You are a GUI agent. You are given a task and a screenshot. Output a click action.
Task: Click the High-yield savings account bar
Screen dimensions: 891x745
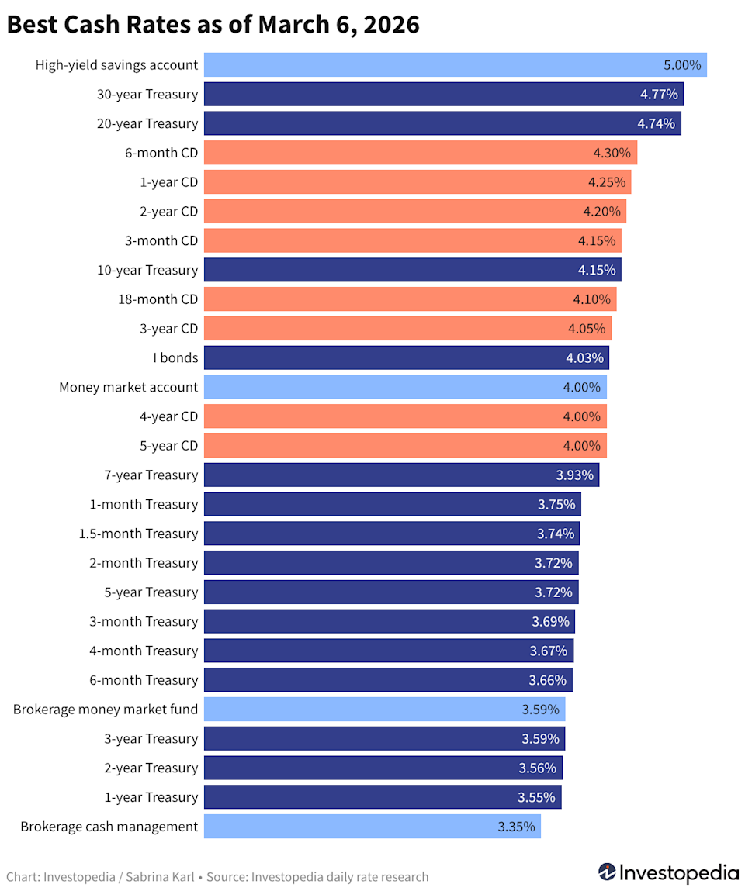[455, 65]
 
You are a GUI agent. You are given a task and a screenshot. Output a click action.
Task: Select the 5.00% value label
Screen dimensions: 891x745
[682, 65]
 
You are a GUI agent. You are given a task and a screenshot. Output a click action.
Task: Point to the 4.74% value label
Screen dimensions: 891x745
[657, 124]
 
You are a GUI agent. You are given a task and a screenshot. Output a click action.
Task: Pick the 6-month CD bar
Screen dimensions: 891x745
[420, 153]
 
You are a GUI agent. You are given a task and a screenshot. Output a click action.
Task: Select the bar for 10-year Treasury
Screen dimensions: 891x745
[412, 270]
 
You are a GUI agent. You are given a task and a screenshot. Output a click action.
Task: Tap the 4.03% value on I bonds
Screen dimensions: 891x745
[584, 357]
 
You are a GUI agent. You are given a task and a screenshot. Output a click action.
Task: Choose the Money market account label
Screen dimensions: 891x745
[128, 387]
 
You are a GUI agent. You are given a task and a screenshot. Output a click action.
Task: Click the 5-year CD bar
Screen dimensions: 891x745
[404, 446]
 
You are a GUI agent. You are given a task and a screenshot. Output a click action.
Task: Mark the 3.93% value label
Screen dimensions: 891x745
[574, 475]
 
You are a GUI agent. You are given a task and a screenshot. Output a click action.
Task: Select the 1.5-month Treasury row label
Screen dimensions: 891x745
[138, 534]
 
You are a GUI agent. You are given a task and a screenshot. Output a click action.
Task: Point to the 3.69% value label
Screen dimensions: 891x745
[550, 621]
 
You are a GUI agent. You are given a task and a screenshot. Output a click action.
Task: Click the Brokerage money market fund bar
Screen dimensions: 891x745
[384, 709]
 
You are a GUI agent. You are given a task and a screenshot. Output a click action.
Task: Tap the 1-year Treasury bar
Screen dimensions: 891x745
[382, 797]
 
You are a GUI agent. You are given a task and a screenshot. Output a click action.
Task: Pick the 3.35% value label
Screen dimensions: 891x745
[516, 827]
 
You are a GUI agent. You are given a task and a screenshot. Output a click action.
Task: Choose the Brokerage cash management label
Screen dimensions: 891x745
[109, 827]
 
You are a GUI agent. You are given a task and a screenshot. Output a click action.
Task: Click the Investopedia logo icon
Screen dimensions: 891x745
[607, 872]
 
